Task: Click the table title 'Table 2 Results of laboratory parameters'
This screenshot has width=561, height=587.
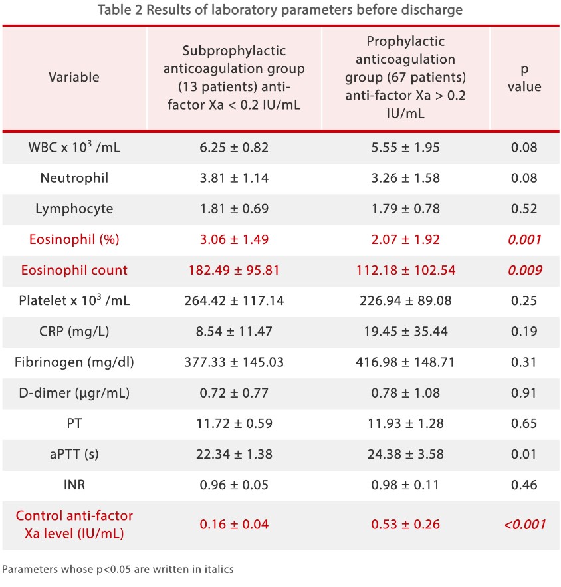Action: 280,11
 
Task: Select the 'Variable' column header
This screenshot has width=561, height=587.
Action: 74,77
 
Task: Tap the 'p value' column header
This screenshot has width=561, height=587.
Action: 524,78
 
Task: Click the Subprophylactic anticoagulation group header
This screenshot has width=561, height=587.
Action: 234,78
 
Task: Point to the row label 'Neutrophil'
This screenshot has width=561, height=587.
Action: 74,178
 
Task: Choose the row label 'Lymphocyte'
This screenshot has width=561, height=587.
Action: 74,209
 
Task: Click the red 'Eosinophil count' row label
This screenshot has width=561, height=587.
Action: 74,271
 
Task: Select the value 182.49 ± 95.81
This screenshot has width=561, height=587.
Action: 234,271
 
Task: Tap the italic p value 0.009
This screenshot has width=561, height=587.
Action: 524,271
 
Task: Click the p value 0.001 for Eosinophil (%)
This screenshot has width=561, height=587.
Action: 524,240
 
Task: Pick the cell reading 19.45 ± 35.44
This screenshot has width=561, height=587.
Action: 405,332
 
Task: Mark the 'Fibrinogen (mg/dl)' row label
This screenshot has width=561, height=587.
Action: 74,362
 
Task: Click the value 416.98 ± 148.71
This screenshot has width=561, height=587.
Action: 405,362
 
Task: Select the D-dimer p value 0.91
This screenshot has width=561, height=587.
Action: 524,393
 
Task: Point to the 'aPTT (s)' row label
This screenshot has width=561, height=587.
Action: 74,454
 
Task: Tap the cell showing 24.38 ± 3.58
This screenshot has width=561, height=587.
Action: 405,454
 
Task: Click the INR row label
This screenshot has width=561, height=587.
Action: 74,485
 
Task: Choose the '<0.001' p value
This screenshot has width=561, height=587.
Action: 524,525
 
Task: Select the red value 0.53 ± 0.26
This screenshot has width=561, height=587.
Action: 405,525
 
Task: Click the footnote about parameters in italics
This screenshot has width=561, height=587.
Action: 118,569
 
